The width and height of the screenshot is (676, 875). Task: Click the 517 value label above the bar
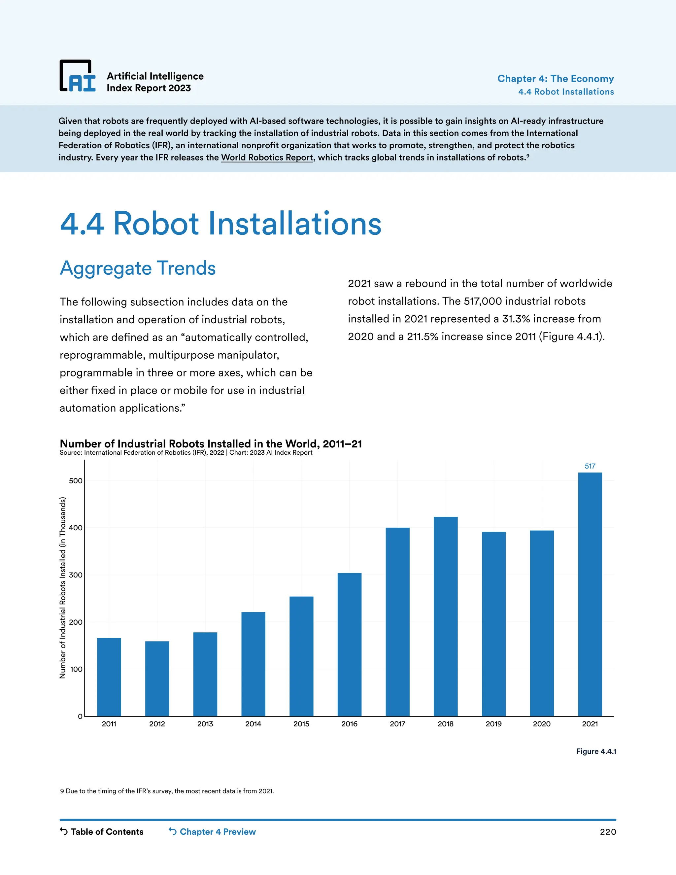point(590,466)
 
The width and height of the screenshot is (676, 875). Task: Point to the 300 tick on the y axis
point(75,575)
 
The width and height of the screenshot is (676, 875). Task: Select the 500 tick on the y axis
point(75,481)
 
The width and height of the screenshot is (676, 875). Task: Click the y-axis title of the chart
point(62,588)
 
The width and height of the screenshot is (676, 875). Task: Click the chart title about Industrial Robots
point(211,443)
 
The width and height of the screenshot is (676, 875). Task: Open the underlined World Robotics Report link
point(267,157)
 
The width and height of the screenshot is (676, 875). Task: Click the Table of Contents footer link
point(102,832)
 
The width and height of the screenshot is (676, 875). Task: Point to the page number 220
point(608,832)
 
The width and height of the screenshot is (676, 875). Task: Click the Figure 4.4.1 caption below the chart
point(596,751)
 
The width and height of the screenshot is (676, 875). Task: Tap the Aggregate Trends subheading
point(138,268)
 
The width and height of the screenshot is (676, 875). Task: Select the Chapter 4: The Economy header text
point(556,79)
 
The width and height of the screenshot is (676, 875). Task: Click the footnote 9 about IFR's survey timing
point(167,791)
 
